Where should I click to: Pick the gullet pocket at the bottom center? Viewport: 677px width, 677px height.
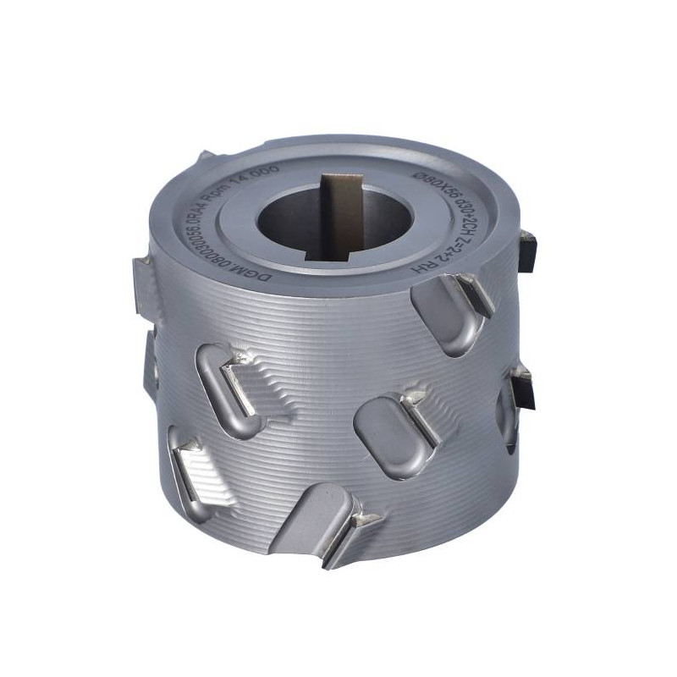(x=309, y=516)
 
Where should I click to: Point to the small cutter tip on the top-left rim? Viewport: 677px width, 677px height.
(x=206, y=158)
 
